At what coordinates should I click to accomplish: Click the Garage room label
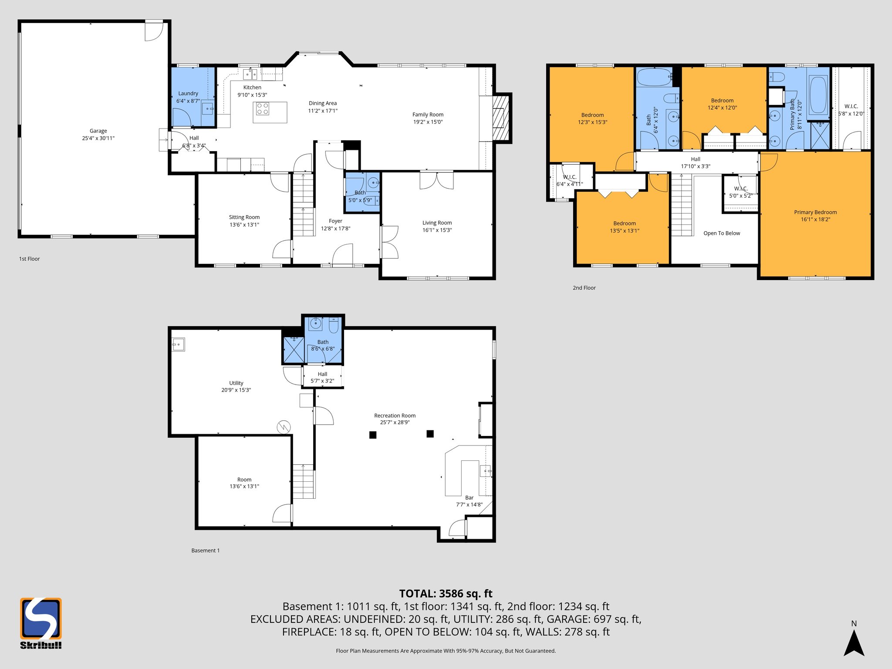point(98,131)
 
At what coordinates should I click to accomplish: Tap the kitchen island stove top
point(263,108)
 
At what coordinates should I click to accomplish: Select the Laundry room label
point(188,93)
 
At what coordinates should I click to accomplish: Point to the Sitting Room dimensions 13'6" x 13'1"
point(244,225)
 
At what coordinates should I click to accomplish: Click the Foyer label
point(335,221)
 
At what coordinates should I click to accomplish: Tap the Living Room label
point(437,223)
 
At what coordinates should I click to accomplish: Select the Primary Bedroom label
point(815,212)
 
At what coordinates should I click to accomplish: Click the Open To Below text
point(722,233)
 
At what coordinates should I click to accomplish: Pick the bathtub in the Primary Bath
point(818,95)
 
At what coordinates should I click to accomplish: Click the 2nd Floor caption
point(584,288)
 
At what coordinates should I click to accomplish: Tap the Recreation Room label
point(395,416)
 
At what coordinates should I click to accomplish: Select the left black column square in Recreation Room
point(373,435)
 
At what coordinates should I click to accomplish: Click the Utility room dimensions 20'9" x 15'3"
point(236,390)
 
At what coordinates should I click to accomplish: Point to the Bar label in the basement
point(469,497)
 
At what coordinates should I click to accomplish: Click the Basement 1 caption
point(206,551)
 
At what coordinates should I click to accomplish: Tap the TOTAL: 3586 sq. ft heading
point(446,594)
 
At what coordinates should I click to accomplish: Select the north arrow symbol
point(854,643)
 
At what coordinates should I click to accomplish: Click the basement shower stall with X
point(294,350)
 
